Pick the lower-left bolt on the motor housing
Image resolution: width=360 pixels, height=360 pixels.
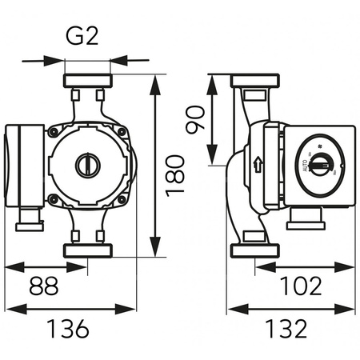tap(53, 199)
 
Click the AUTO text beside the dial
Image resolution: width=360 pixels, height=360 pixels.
tap(305, 166)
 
